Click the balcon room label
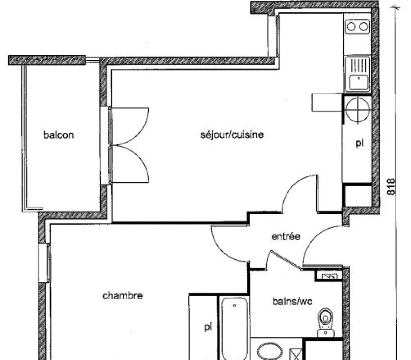tap(59, 135)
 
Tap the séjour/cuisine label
tap(232, 134)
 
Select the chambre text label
tap(123, 296)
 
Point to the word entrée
tap(286, 237)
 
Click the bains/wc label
tap(292, 302)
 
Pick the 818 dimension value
tap(391, 187)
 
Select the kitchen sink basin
tap(358, 83)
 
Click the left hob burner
tap(351, 26)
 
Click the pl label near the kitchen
tap(359, 143)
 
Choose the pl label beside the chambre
tap(208, 327)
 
